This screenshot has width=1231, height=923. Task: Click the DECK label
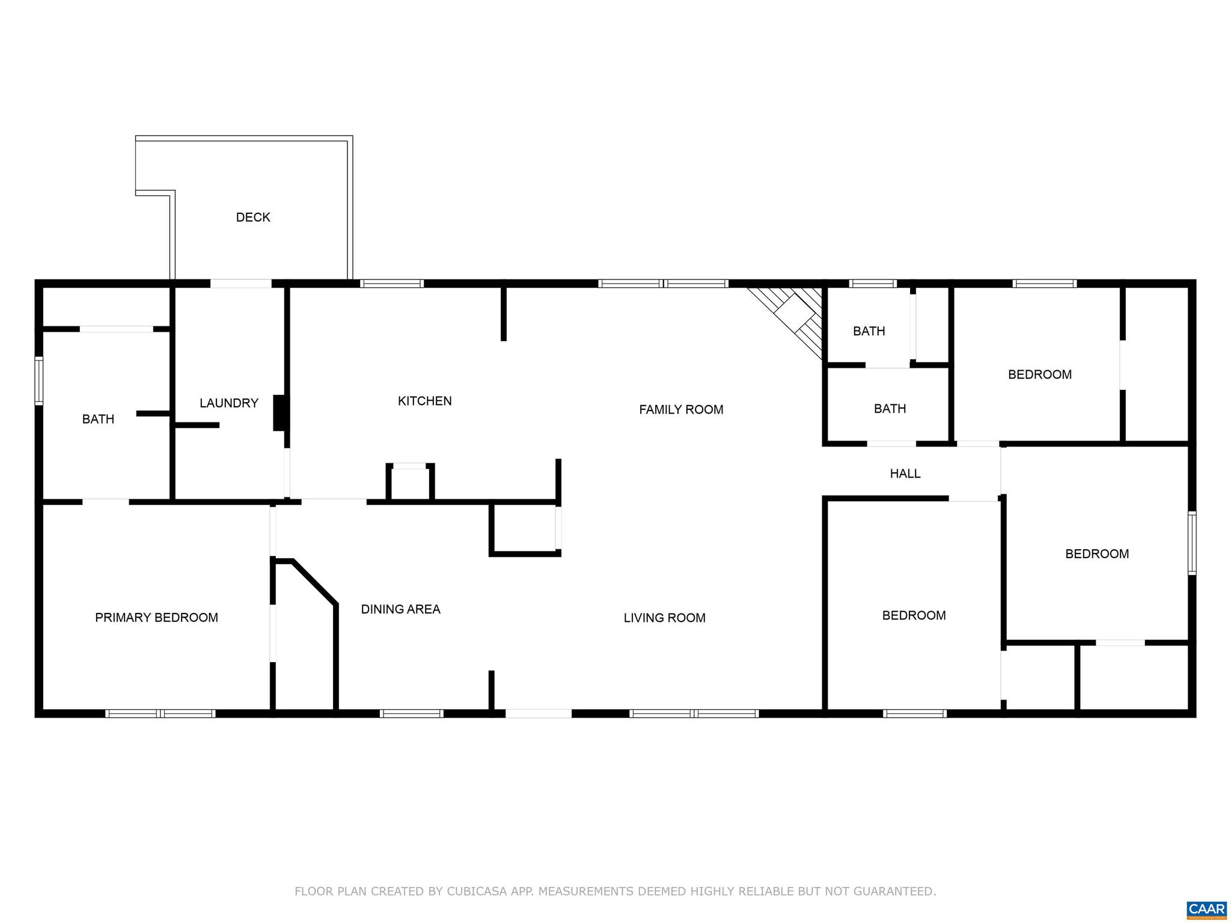pyautogui.click(x=253, y=218)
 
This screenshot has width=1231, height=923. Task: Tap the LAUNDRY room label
pyautogui.click(x=229, y=403)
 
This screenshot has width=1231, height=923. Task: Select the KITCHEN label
pyautogui.click(x=424, y=401)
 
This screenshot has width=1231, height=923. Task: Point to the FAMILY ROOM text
pyautogui.click(x=681, y=410)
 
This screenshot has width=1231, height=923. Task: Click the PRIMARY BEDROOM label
pyautogui.click(x=156, y=618)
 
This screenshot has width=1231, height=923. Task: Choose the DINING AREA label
pyautogui.click(x=400, y=609)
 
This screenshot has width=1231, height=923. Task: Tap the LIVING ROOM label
pyautogui.click(x=664, y=618)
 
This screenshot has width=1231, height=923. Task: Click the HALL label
pyautogui.click(x=905, y=474)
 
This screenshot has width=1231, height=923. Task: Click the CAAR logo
pyautogui.click(x=1206, y=909)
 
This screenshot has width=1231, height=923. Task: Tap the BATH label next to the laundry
pyautogui.click(x=98, y=419)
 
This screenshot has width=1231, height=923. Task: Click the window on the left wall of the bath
pyautogui.click(x=39, y=380)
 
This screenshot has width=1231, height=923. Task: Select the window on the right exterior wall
pyautogui.click(x=1191, y=543)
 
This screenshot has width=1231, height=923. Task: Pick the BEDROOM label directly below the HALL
pyautogui.click(x=914, y=615)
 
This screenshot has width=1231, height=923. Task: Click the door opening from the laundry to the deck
pyautogui.click(x=240, y=284)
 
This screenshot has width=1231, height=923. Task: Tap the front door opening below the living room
pyautogui.click(x=538, y=713)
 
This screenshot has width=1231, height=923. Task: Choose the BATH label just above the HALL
pyautogui.click(x=890, y=409)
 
